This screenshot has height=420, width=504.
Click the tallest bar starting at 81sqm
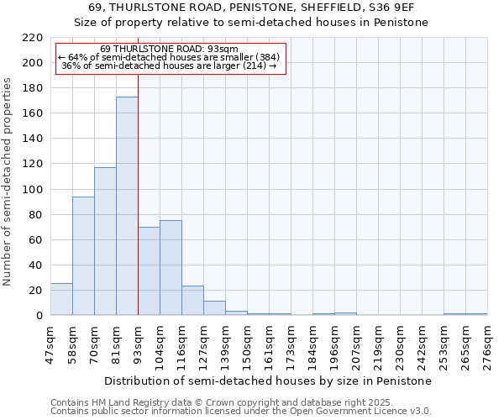click(x=127, y=206)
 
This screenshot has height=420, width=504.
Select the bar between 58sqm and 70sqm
click(x=83, y=256)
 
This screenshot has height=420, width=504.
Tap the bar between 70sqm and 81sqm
click(x=105, y=241)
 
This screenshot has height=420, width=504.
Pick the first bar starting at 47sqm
click(x=61, y=300)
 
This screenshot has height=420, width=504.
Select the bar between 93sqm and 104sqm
click(x=149, y=271)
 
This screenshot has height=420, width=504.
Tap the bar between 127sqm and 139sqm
click(x=214, y=308)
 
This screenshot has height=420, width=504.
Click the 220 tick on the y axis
click(x=34, y=38)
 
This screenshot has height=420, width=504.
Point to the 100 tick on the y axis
click(x=34, y=190)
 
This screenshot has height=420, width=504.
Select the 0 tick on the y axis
click(x=39, y=316)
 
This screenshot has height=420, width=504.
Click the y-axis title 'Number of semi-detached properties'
click(x=8, y=181)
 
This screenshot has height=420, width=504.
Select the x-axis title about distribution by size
click(x=269, y=381)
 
